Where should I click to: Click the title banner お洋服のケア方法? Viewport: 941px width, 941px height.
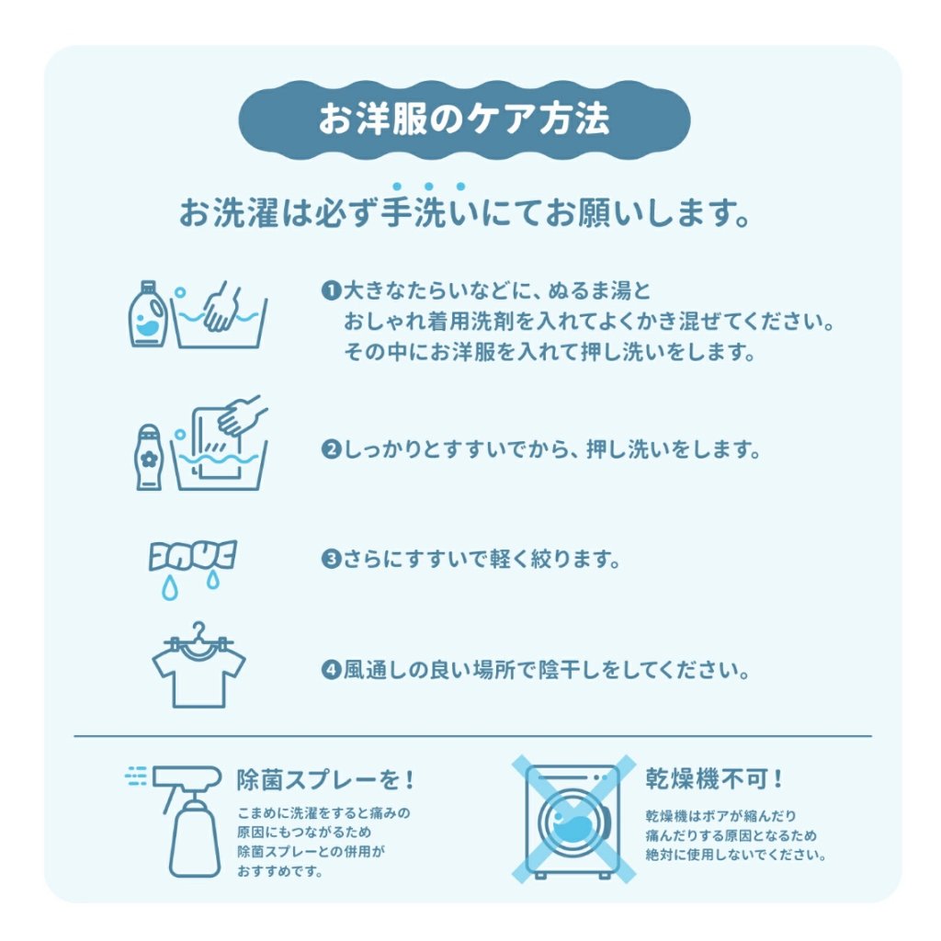click(464, 119)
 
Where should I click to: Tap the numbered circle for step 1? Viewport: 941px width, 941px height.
click(331, 291)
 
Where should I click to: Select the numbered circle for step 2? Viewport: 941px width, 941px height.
click(331, 448)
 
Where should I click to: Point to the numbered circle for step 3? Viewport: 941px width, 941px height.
click(331, 560)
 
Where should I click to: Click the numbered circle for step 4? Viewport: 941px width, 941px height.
click(331, 670)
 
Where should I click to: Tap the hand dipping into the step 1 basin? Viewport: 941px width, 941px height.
click(221, 306)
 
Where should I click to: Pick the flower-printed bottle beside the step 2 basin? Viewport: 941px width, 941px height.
click(148, 458)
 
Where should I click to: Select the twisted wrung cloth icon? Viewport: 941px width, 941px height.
click(192, 555)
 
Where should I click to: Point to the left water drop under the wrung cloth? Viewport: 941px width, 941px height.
click(170, 588)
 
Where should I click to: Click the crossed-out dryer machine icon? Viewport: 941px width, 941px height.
click(573, 819)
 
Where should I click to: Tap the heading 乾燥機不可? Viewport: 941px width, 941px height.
click(713, 779)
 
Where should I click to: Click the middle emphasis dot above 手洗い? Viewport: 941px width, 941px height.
click(428, 187)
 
